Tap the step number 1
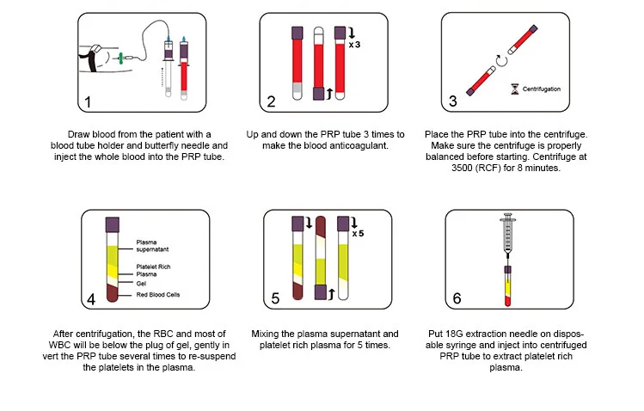point(87,101)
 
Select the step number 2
point(271,101)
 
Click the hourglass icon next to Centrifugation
point(515,89)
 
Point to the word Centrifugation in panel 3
point(543,89)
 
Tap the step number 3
point(453,101)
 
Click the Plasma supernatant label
point(153,246)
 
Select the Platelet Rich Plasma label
point(151,270)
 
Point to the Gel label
point(141,282)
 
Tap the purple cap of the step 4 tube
point(112,224)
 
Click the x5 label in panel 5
point(358,232)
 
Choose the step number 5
point(274,298)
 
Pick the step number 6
point(456,298)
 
